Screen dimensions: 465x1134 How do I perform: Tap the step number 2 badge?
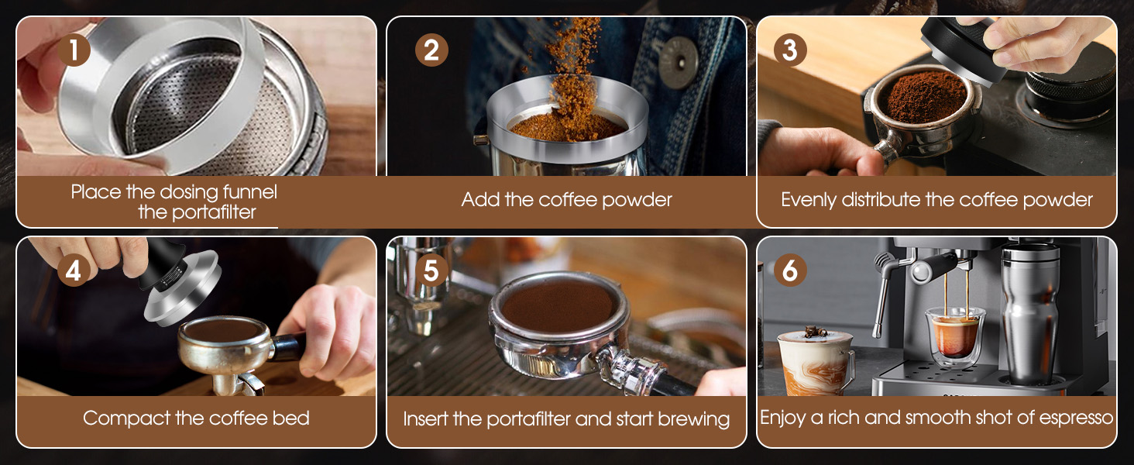tap(431, 50)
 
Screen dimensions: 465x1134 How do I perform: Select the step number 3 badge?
tap(789, 50)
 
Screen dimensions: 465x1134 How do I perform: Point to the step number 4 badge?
tap(74, 270)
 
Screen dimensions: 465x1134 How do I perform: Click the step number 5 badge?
tap(431, 270)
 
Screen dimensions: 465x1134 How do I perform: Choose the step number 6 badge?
tap(789, 270)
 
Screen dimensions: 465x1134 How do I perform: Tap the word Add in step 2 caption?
tap(481, 199)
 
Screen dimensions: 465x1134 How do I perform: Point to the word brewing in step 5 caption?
tap(693, 419)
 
